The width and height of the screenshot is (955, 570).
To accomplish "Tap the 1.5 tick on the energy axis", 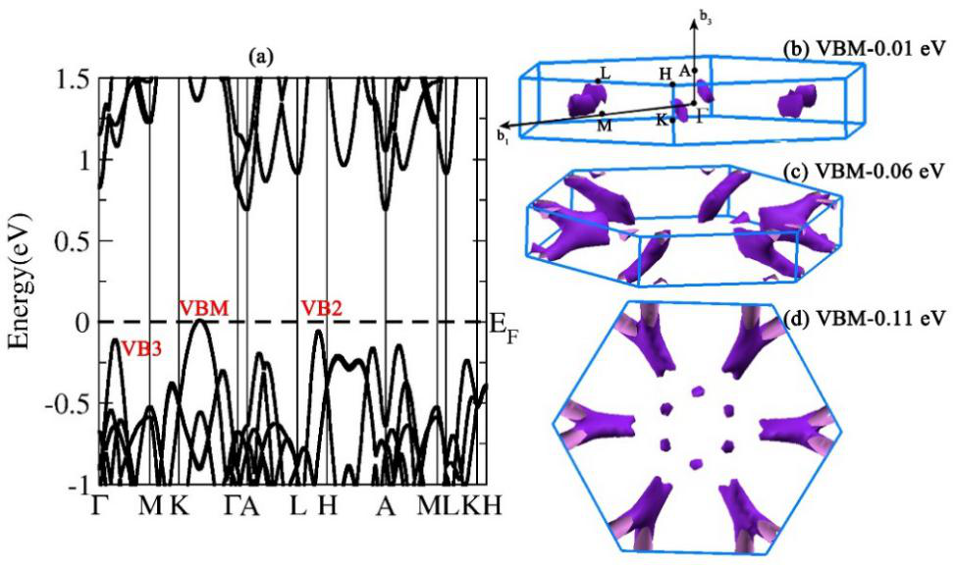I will (73, 78).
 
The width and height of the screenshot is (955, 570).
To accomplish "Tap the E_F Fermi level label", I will (503, 325).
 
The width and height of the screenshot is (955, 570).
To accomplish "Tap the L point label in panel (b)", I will (606, 73).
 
